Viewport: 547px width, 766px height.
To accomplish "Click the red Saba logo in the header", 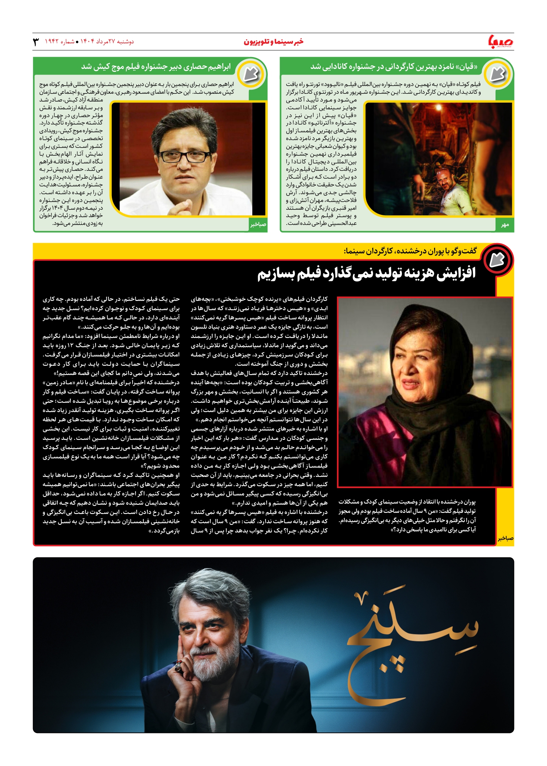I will coord(501,42).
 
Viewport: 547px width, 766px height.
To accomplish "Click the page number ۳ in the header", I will coord(36,42).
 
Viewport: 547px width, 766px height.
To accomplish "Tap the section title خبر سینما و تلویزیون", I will coord(273,42).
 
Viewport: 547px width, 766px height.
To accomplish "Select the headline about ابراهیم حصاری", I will coord(156,67).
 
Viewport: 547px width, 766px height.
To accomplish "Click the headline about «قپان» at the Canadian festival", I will coord(394,67).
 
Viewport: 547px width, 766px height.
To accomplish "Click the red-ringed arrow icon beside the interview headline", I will coord(497,260).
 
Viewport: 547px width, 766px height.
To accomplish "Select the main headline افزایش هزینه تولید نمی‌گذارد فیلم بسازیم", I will coord(366,274).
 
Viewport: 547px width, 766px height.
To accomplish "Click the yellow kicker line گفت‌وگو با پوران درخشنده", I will coord(410,251).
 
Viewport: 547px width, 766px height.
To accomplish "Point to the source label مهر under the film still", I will coord(505,225).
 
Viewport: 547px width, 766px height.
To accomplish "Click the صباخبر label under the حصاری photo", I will coord(258,225).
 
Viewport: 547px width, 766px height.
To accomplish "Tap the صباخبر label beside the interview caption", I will coord(506,538).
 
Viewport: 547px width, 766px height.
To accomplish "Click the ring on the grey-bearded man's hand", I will coord(179,667).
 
